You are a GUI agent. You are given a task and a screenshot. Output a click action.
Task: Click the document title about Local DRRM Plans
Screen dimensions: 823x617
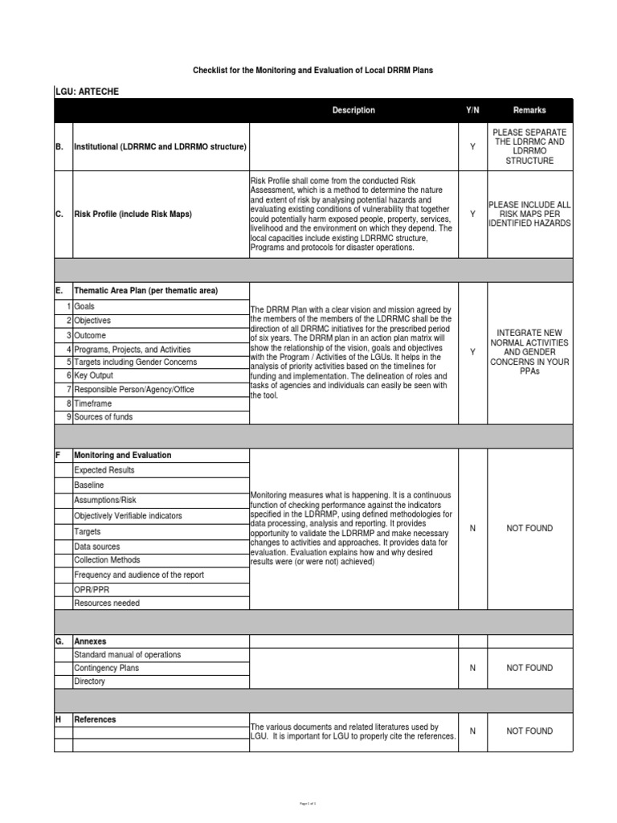(313, 71)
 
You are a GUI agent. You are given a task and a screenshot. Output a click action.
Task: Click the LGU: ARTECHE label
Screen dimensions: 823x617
(87, 92)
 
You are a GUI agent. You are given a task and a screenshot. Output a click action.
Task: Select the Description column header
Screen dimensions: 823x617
(353, 110)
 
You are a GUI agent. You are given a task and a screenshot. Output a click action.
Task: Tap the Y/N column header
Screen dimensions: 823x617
(472, 110)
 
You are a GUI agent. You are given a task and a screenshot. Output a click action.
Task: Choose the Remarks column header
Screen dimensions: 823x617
(529, 110)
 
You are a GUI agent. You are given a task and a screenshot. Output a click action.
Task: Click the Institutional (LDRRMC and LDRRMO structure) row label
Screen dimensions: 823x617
(160, 147)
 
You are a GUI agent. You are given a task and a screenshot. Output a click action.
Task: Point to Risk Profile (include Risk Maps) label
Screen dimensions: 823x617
(133, 215)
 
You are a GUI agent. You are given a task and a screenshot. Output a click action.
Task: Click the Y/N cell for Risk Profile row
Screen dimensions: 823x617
(472, 215)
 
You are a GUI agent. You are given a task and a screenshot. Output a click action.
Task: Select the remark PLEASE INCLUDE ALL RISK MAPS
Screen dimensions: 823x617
(529, 215)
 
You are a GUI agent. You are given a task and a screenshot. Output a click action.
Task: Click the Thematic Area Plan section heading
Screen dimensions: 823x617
(145, 290)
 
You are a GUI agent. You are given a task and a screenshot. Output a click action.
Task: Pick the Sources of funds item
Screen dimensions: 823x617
(103, 417)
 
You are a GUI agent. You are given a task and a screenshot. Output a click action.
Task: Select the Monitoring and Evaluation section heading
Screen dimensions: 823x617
(122, 455)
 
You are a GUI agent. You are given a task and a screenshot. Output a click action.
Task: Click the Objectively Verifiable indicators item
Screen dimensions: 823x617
(128, 516)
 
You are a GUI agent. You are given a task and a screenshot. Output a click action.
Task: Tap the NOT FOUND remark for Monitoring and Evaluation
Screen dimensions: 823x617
(529, 529)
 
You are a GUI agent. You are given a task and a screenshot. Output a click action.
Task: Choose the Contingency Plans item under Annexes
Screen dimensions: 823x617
(106, 668)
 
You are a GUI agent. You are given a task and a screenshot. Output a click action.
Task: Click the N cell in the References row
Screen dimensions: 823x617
(472, 731)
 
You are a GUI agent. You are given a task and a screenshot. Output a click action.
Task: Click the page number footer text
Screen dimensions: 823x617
(308, 803)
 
